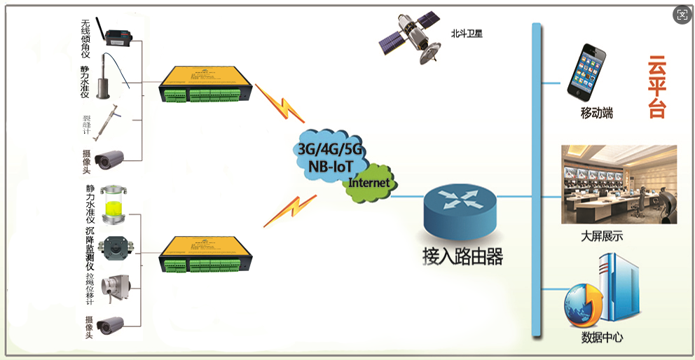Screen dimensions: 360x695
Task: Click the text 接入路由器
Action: [463, 256]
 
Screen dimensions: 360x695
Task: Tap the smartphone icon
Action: [586, 71]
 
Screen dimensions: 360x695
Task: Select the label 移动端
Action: [597, 112]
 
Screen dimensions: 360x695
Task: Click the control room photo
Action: [619, 184]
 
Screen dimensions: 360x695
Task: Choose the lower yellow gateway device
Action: [204, 256]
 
